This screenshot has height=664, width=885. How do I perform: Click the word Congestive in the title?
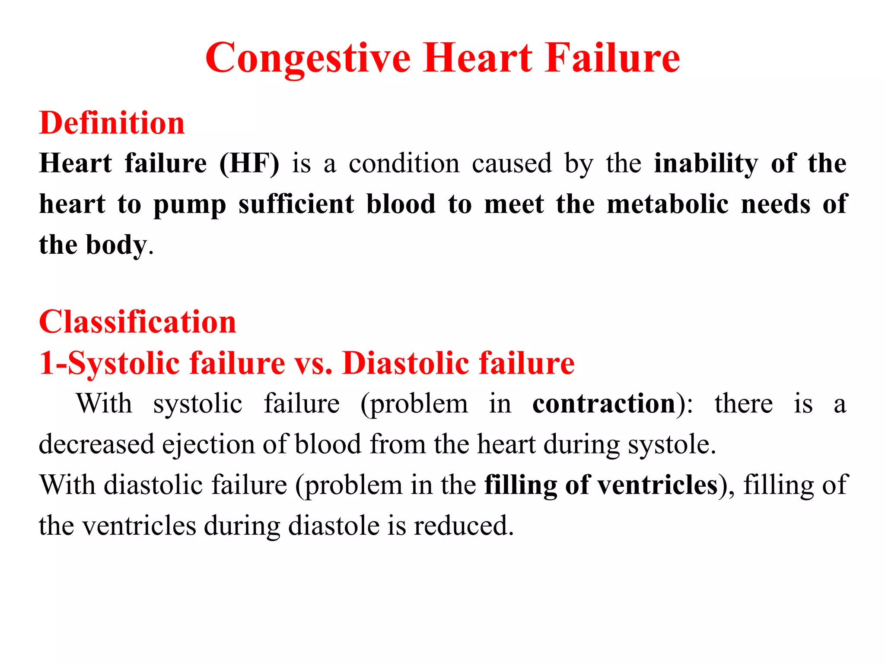308,58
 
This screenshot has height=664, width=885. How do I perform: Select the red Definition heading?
112,123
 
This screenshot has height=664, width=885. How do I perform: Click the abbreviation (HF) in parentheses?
249,164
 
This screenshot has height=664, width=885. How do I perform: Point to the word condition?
404,164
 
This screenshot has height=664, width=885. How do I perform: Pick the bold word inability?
706,164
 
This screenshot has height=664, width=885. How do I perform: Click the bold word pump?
190,204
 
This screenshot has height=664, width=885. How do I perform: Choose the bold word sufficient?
296,204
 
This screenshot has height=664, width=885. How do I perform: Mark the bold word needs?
775,204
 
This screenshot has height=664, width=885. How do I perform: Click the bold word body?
116,245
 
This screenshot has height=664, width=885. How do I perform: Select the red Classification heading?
137,322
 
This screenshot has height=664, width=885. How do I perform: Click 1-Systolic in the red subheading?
109,363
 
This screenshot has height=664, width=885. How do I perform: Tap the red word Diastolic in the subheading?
405,363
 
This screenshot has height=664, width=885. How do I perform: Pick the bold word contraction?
604,404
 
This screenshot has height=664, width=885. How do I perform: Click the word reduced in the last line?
463,526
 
